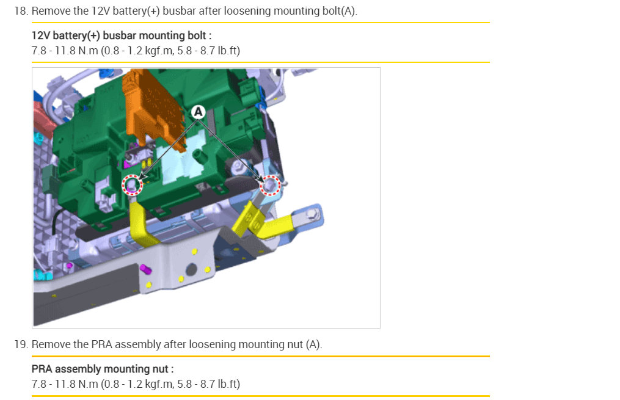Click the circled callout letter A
tap(198, 112)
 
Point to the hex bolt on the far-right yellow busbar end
tap(313, 214)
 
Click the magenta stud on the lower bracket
tap(145, 269)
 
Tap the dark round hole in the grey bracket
tap(191, 269)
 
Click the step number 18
tap(21, 11)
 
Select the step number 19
tap(21, 344)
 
